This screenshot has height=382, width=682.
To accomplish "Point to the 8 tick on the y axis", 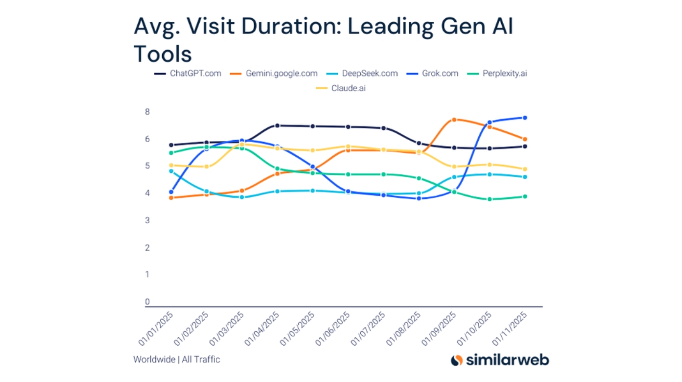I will (148, 112).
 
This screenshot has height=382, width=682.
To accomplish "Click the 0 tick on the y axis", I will (148, 302).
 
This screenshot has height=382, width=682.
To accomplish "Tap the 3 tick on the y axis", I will (148, 220).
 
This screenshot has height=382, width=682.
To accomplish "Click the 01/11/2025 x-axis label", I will (510, 329).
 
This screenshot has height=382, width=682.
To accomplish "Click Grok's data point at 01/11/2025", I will (525, 118).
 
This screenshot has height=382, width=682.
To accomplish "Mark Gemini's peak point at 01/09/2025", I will (454, 120).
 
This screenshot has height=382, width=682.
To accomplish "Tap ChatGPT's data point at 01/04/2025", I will (277, 126).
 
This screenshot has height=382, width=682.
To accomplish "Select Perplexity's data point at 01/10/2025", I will (489, 199).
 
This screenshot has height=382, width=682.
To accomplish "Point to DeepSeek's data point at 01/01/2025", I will (171, 171).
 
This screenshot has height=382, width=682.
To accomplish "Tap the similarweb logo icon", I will (456, 360).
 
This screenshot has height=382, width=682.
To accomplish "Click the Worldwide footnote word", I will (154, 359).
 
